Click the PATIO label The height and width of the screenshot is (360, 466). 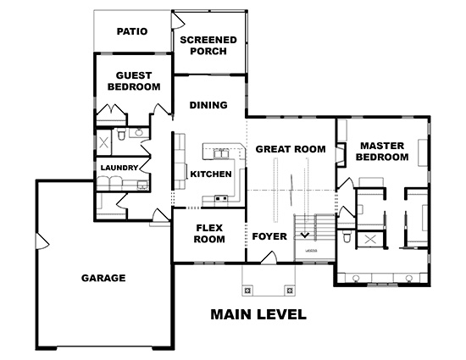pyautogui.click(x=132, y=31)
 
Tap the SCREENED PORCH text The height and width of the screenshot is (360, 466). pyautogui.click(x=208, y=46)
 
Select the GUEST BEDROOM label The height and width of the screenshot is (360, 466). pyautogui.click(x=134, y=81)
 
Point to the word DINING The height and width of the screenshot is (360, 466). pyautogui.click(x=208, y=105)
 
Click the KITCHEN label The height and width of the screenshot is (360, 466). pyautogui.click(x=211, y=174)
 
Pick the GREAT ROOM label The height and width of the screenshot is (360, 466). pyautogui.click(x=291, y=149)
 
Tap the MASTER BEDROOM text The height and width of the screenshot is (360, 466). pyautogui.click(x=382, y=152)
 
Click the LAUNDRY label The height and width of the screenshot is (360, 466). pyautogui.click(x=119, y=168)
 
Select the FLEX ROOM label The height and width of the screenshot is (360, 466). pyautogui.click(x=209, y=234)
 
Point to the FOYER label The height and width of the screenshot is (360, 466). pyautogui.click(x=269, y=236)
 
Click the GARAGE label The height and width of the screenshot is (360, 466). pyautogui.click(x=103, y=278)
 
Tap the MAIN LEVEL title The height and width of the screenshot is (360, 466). pyautogui.click(x=258, y=314)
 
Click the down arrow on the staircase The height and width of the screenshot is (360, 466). pyautogui.click(x=305, y=235)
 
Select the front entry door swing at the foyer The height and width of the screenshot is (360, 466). pyautogui.click(x=269, y=258)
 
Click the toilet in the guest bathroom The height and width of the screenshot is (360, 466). pyautogui.click(x=121, y=135)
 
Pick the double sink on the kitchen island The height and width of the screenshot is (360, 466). pyautogui.click(x=220, y=154)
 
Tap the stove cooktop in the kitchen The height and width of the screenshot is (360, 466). pyautogui.click(x=221, y=198)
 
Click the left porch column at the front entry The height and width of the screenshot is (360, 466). pyautogui.click(x=247, y=291)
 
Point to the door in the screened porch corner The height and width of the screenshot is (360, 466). pyautogui.click(x=178, y=20)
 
